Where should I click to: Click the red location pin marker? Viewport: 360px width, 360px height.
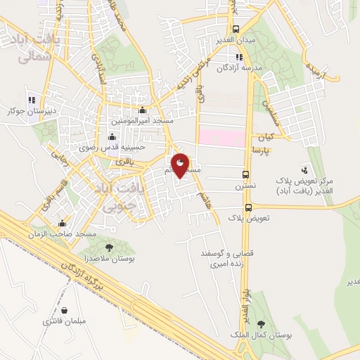(181, 165)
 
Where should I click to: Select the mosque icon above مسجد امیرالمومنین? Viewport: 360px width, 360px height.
(143, 110)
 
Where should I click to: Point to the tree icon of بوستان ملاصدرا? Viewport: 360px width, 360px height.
(109, 247)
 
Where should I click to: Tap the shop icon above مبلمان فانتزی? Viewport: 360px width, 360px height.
(65, 310)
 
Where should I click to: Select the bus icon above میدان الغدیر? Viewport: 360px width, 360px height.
(236, 30)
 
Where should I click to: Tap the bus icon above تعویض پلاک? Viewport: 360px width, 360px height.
(248, 207)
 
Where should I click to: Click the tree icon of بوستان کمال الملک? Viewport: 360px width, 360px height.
(262, 324)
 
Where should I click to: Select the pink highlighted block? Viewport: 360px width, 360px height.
(224, 136)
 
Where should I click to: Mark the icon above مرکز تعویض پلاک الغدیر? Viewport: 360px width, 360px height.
(304, 169)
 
